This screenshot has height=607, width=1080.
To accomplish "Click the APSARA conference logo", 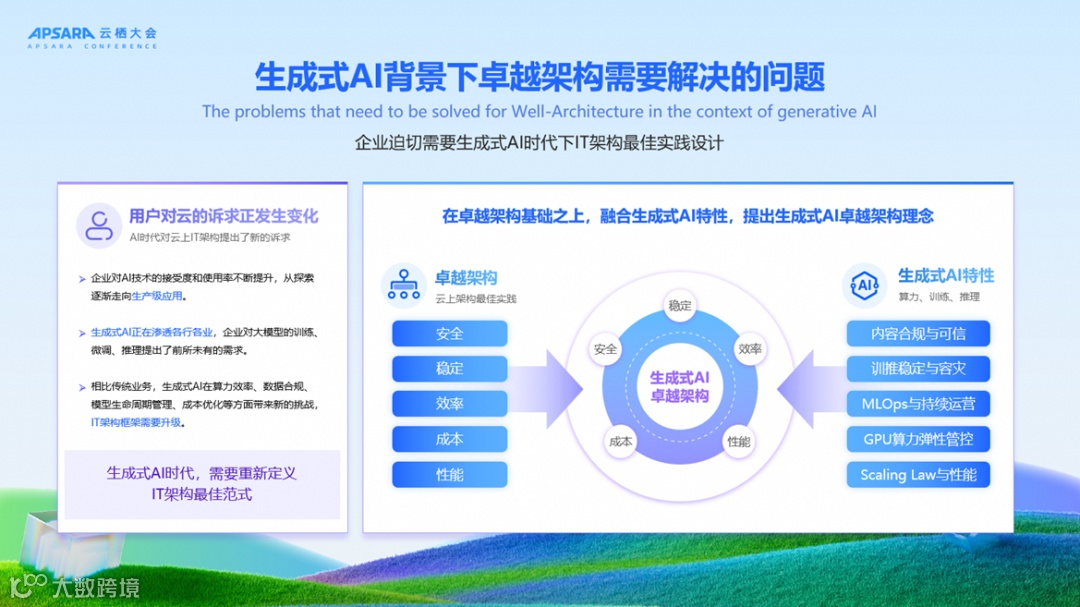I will point(91,38).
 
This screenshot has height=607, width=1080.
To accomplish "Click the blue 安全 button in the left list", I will point(449,334).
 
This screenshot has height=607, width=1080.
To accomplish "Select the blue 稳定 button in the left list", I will point(449,369).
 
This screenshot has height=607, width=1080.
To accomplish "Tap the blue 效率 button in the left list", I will point(449,404).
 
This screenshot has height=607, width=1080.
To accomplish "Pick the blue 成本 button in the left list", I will point(449,439).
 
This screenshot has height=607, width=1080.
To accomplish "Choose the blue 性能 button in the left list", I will point(449,474).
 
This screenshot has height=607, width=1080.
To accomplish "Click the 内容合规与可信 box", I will point(917,334).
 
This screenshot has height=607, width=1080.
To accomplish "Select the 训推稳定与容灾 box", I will point(917,369).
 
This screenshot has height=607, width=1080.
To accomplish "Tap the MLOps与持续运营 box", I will point(917,404).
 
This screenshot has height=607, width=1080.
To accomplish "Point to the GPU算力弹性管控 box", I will point(917,439).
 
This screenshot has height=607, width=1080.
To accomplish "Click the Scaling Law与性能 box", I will point(917,474).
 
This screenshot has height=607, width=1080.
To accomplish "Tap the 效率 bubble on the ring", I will point(750,349).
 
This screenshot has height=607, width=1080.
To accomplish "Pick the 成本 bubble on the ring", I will point(619,441).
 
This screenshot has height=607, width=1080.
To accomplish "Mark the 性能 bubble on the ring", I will point(739,441).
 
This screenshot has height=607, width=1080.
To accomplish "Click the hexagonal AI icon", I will point(864,285).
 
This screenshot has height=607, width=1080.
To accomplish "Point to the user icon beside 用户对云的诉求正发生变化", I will point(99,225).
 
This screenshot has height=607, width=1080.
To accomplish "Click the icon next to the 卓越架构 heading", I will point(404,285).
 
